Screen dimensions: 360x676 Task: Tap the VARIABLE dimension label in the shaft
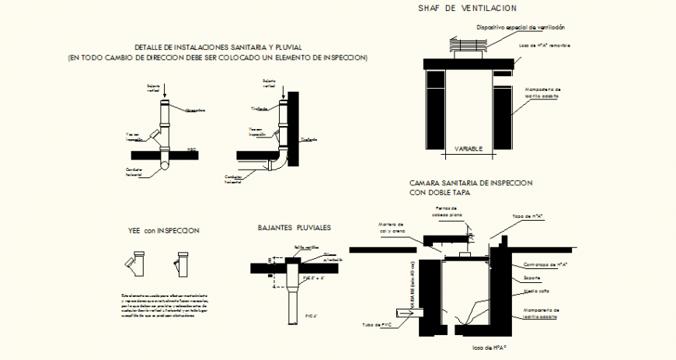(468, 148)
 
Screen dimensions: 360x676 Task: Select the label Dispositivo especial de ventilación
(520, 26)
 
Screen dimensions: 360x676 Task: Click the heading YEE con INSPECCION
(164, 231)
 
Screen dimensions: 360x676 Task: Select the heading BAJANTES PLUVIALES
(294, 228)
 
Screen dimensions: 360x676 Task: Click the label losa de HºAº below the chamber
(489, 348)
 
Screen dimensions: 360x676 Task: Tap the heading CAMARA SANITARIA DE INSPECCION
(470, 182)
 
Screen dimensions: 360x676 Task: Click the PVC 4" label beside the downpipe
(312, 316)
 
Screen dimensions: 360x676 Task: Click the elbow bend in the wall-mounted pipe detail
(277, 163)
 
